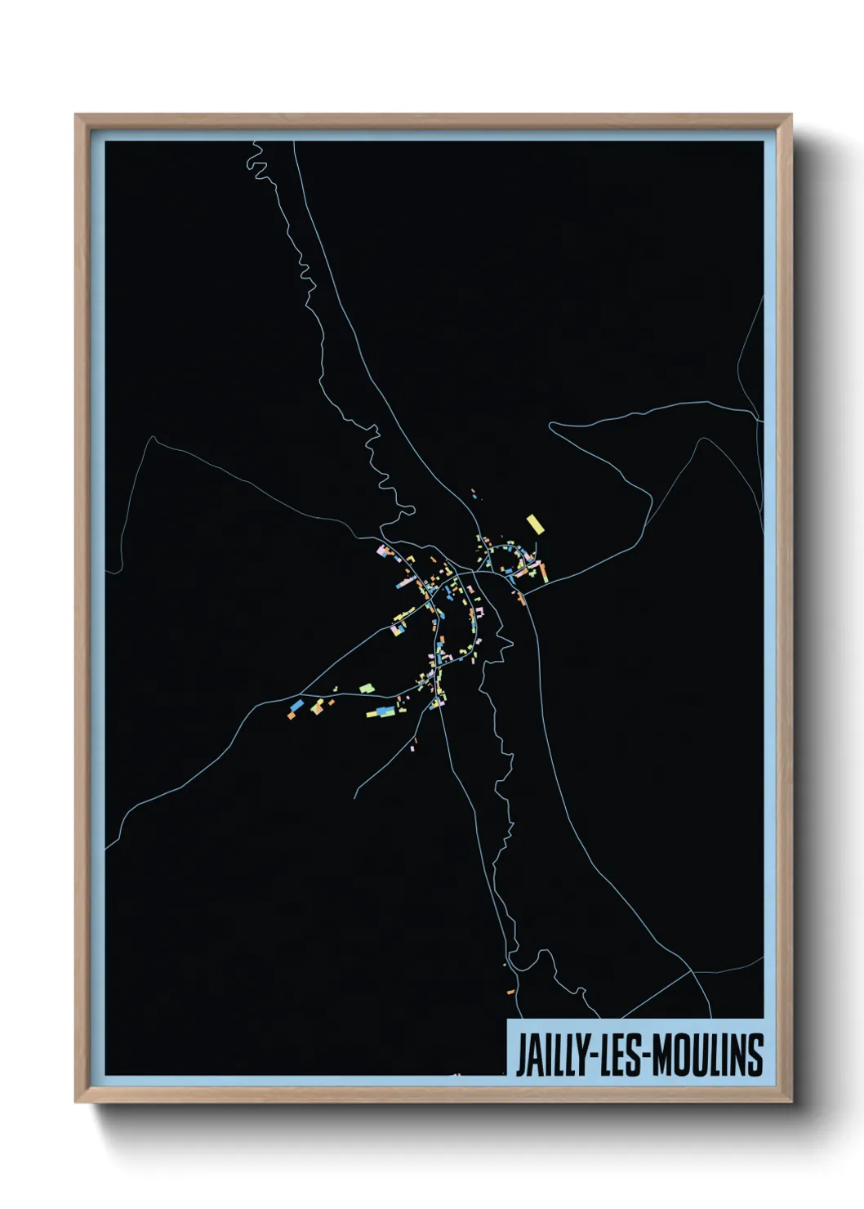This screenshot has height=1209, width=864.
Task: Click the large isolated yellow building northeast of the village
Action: [535, 524]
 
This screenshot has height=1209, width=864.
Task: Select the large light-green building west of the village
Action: [367, 689]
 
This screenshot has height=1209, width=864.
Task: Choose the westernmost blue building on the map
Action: [296, 705]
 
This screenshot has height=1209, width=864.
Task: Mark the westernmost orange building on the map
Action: [290, 716]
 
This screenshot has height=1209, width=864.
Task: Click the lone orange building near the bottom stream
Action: [510, 992]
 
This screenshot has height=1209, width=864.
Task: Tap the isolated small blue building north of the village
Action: [474, 497]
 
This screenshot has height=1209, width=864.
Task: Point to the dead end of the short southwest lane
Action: [354, 798]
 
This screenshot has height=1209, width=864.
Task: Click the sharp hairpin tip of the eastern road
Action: [550, 424]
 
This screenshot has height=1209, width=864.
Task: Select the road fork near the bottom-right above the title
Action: [693, 970]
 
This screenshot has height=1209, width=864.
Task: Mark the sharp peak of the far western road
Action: [152, 438]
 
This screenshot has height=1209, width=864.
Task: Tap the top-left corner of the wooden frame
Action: [76, 115]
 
